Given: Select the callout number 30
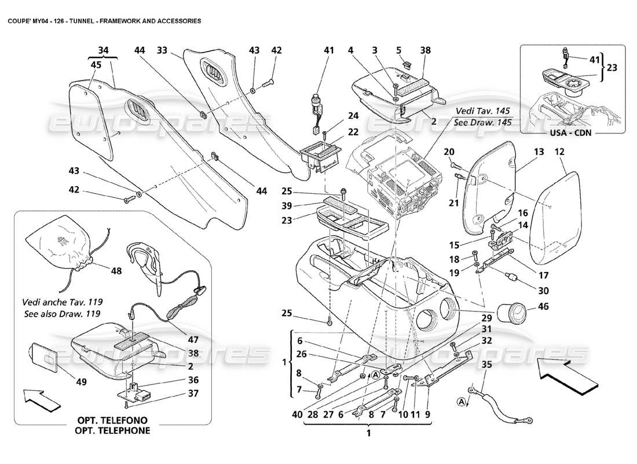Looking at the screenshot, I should [543, 291].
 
